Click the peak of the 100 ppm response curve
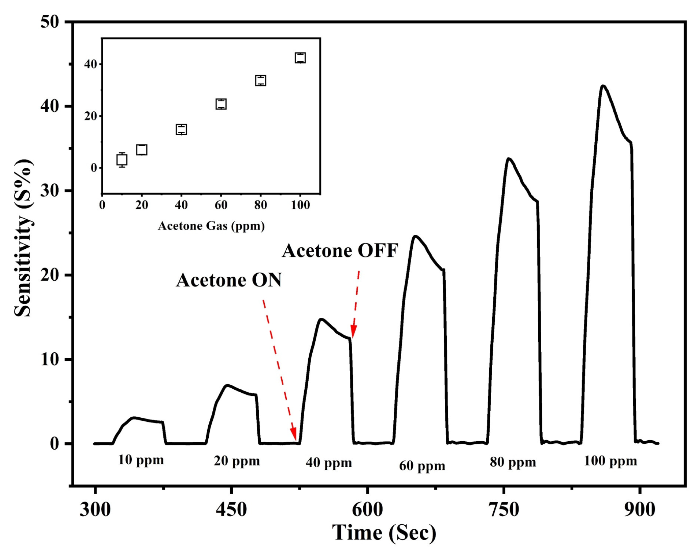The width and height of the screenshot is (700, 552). [603, 86]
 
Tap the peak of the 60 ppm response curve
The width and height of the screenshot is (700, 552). [415, 237]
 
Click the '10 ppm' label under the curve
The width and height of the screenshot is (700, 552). [141, 460]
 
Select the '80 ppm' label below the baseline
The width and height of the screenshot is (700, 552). [513, 462]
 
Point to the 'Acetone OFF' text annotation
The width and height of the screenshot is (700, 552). [340, 251]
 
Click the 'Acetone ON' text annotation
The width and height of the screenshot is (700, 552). [229, 280]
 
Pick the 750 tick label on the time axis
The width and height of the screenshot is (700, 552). [503, 510]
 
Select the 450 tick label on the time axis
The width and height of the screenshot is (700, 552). [231, 510]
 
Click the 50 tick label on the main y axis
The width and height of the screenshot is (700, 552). [50, 22]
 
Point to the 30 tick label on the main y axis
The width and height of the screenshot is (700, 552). [50, 191]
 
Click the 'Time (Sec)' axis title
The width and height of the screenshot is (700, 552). [384, 533]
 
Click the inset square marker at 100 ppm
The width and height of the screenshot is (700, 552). [300, 58]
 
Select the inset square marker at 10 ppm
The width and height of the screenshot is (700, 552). [122, 160]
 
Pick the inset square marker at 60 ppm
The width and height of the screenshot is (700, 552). [221, 104]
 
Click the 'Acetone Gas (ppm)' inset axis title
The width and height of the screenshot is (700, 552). [211, 226]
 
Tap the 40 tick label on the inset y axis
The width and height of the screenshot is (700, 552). [90, 64]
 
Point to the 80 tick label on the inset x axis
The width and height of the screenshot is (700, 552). [260, 205]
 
